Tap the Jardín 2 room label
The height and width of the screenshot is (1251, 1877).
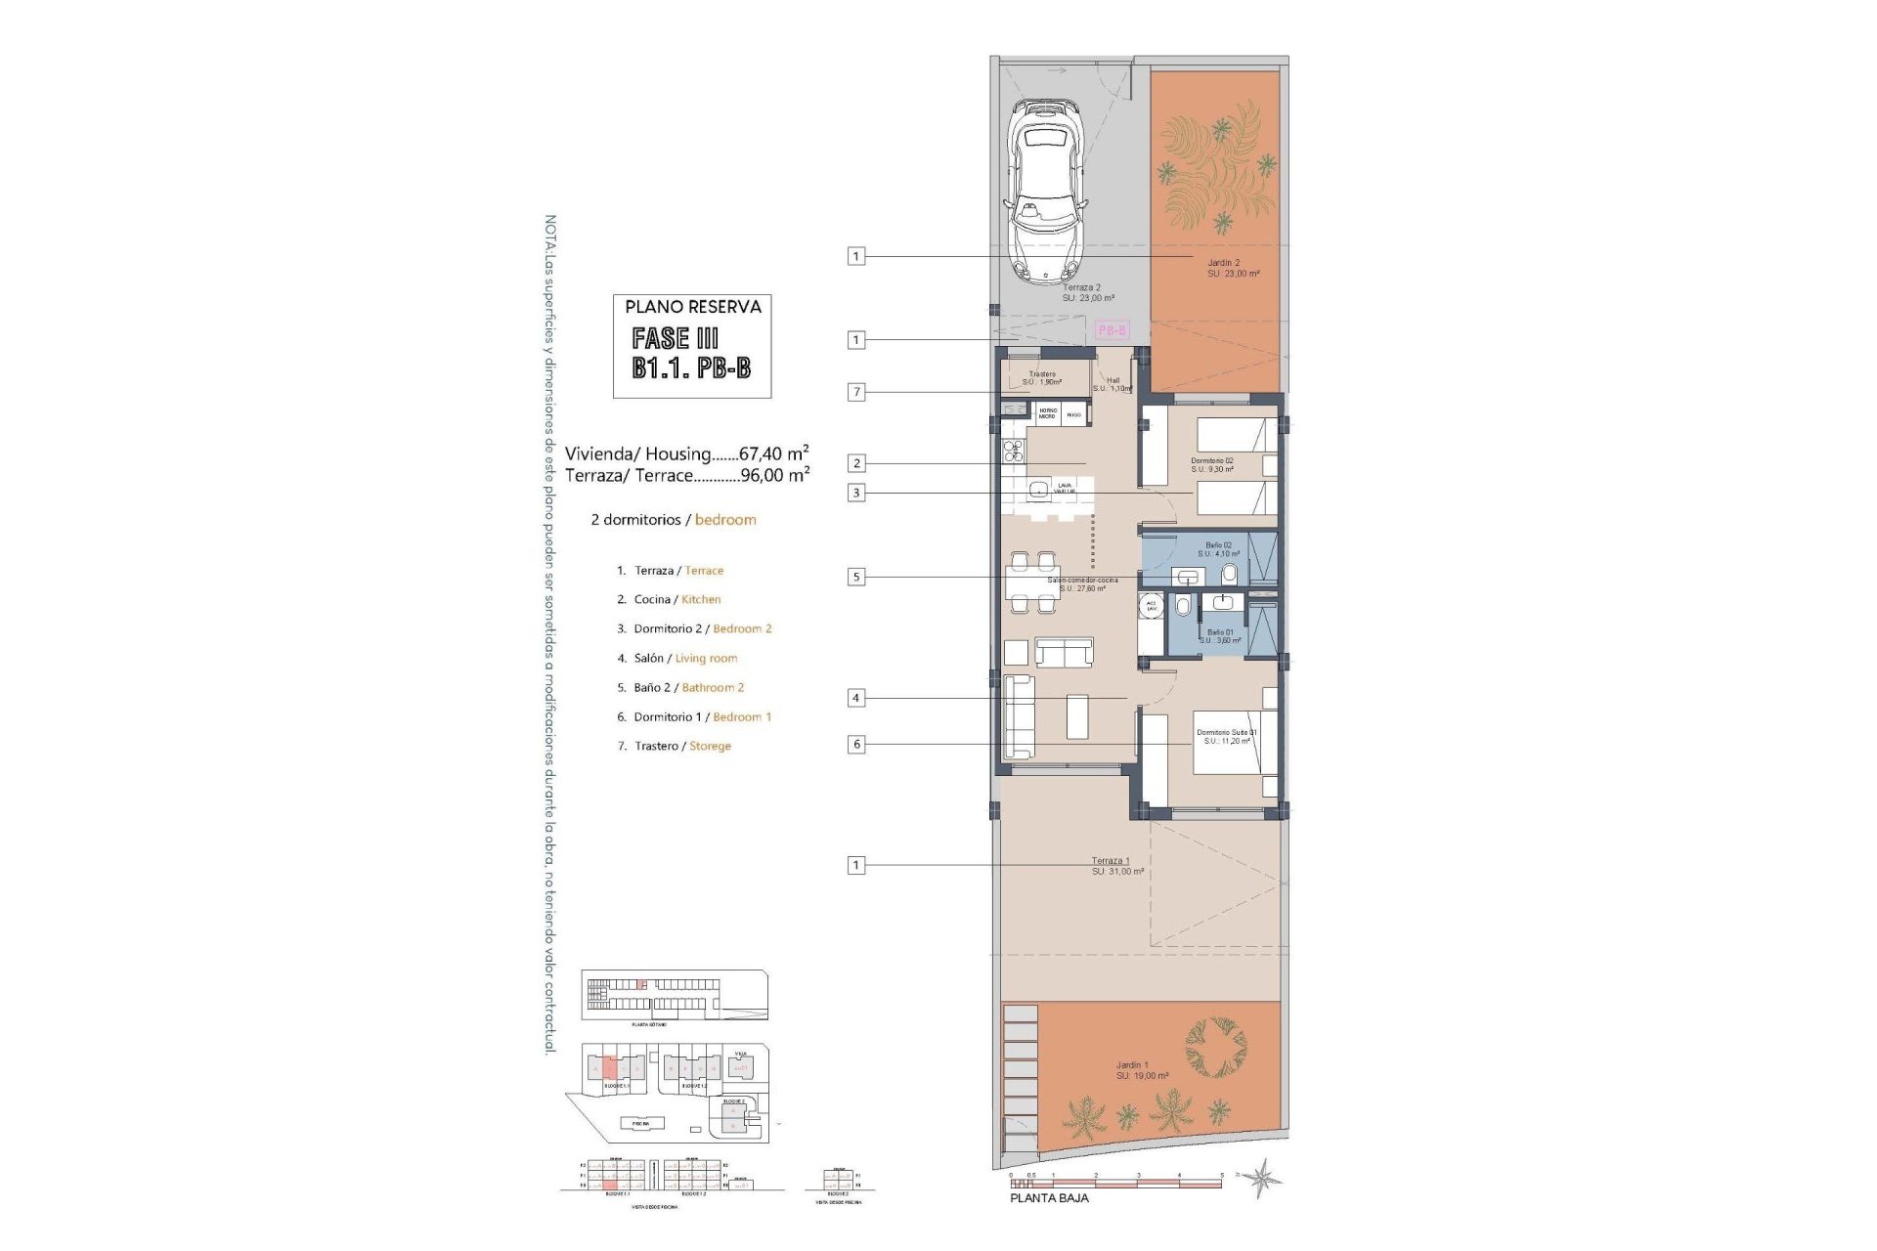pyautogui.click(x=1224, y=263)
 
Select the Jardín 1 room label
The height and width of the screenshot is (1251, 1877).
pyautogui.click(x=1132, y=1065)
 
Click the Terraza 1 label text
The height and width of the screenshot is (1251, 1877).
pyautogui.click(x=1111, y=861)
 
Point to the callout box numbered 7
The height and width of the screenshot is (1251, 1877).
pyautogui.click(x=856, y=392)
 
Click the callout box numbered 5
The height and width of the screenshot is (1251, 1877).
pyautogui.click(x=856, y=577)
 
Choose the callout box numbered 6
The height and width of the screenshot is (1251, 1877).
pyautogui.click(x=856, y=744)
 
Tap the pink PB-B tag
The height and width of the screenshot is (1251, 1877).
pyautogui.click(x=1113, y=330)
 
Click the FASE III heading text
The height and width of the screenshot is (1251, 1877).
pyautogui.click(x=676, y=338)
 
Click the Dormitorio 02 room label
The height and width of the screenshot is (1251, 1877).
pyautogui.click(x=1212, y=460)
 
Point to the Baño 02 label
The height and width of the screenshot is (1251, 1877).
pyautogui.click(x=1218, y=544)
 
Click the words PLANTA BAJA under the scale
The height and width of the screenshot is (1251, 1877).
pyautogui.click(x=1049, y=1197)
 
